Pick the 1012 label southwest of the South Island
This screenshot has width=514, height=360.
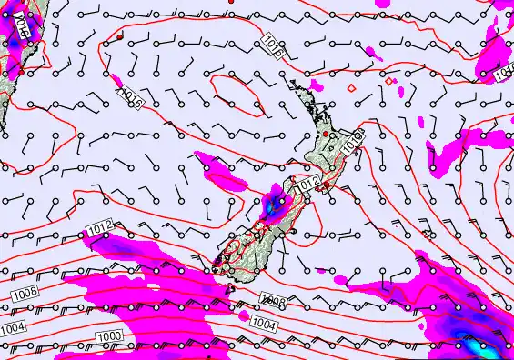pyautogui.click(x=102, y=225)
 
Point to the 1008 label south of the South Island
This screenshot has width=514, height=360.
pyautogui.click(x=273, y=300)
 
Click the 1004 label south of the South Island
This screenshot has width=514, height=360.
pyautogui.click(x=263, y=323)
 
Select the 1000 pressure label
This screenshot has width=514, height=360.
pyautogui.click(x=109, y=337)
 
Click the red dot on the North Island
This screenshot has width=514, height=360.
pyautogui.click(x=327, y=135)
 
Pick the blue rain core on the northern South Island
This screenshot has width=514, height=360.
pyautogui.click(x=273, y=205)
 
